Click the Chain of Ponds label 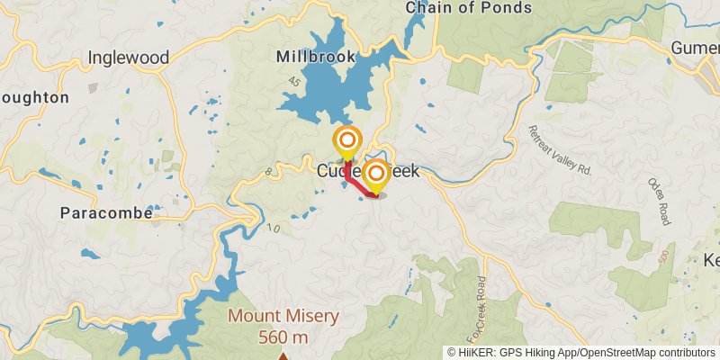coord(468,8)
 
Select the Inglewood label coord(129,58)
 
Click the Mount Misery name coord(283,316)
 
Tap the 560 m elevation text coord(283,337)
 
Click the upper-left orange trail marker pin coord(346,141)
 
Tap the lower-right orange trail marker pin coord(376,173)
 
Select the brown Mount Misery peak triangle coord(283,356)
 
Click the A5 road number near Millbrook coord(294,84)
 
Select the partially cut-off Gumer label coord(696,47)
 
